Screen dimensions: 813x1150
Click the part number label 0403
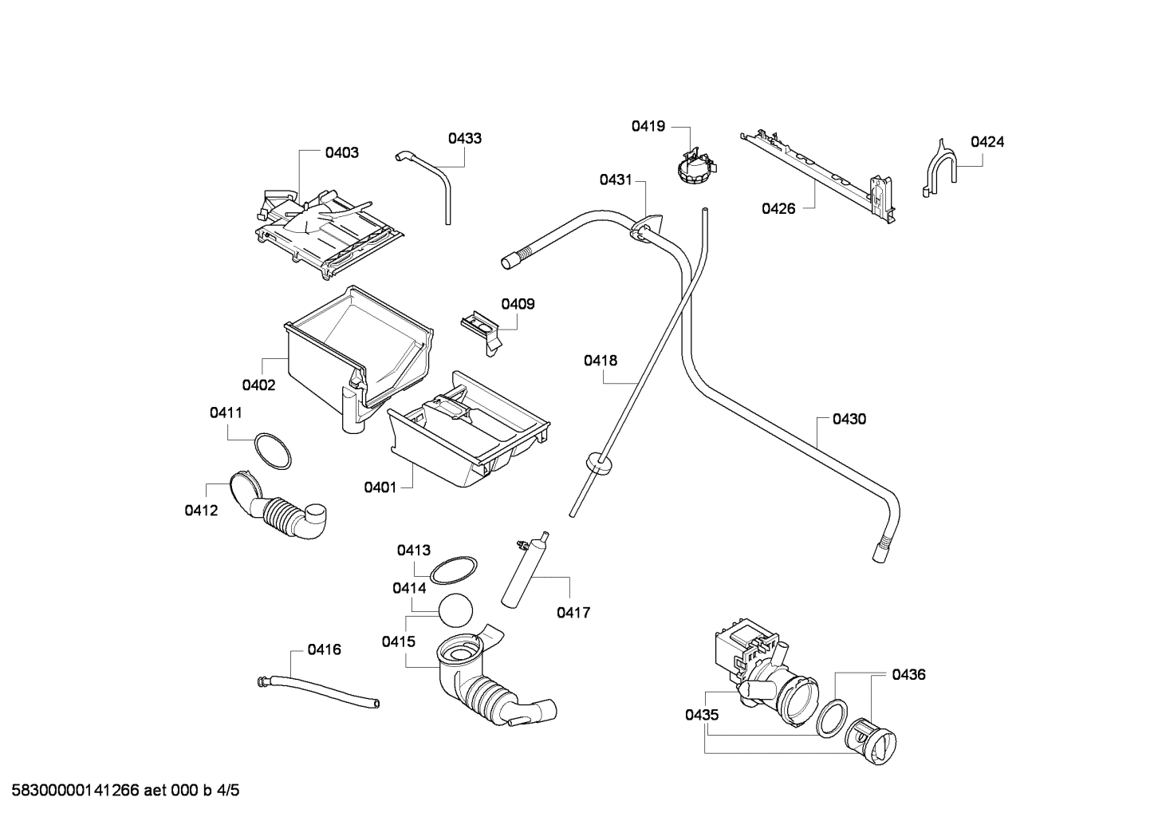(341, 152)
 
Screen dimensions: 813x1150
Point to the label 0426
(778, 209)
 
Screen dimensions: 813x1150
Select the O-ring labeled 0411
(272, 452)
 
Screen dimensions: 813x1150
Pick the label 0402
(258, 385)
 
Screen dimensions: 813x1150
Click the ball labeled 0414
(455, 611)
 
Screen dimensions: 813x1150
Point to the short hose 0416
(319, 690)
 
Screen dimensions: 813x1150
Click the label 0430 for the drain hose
(849, 419)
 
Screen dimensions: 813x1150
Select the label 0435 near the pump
(702, 715)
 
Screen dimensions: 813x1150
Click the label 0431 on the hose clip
(616, 180)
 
